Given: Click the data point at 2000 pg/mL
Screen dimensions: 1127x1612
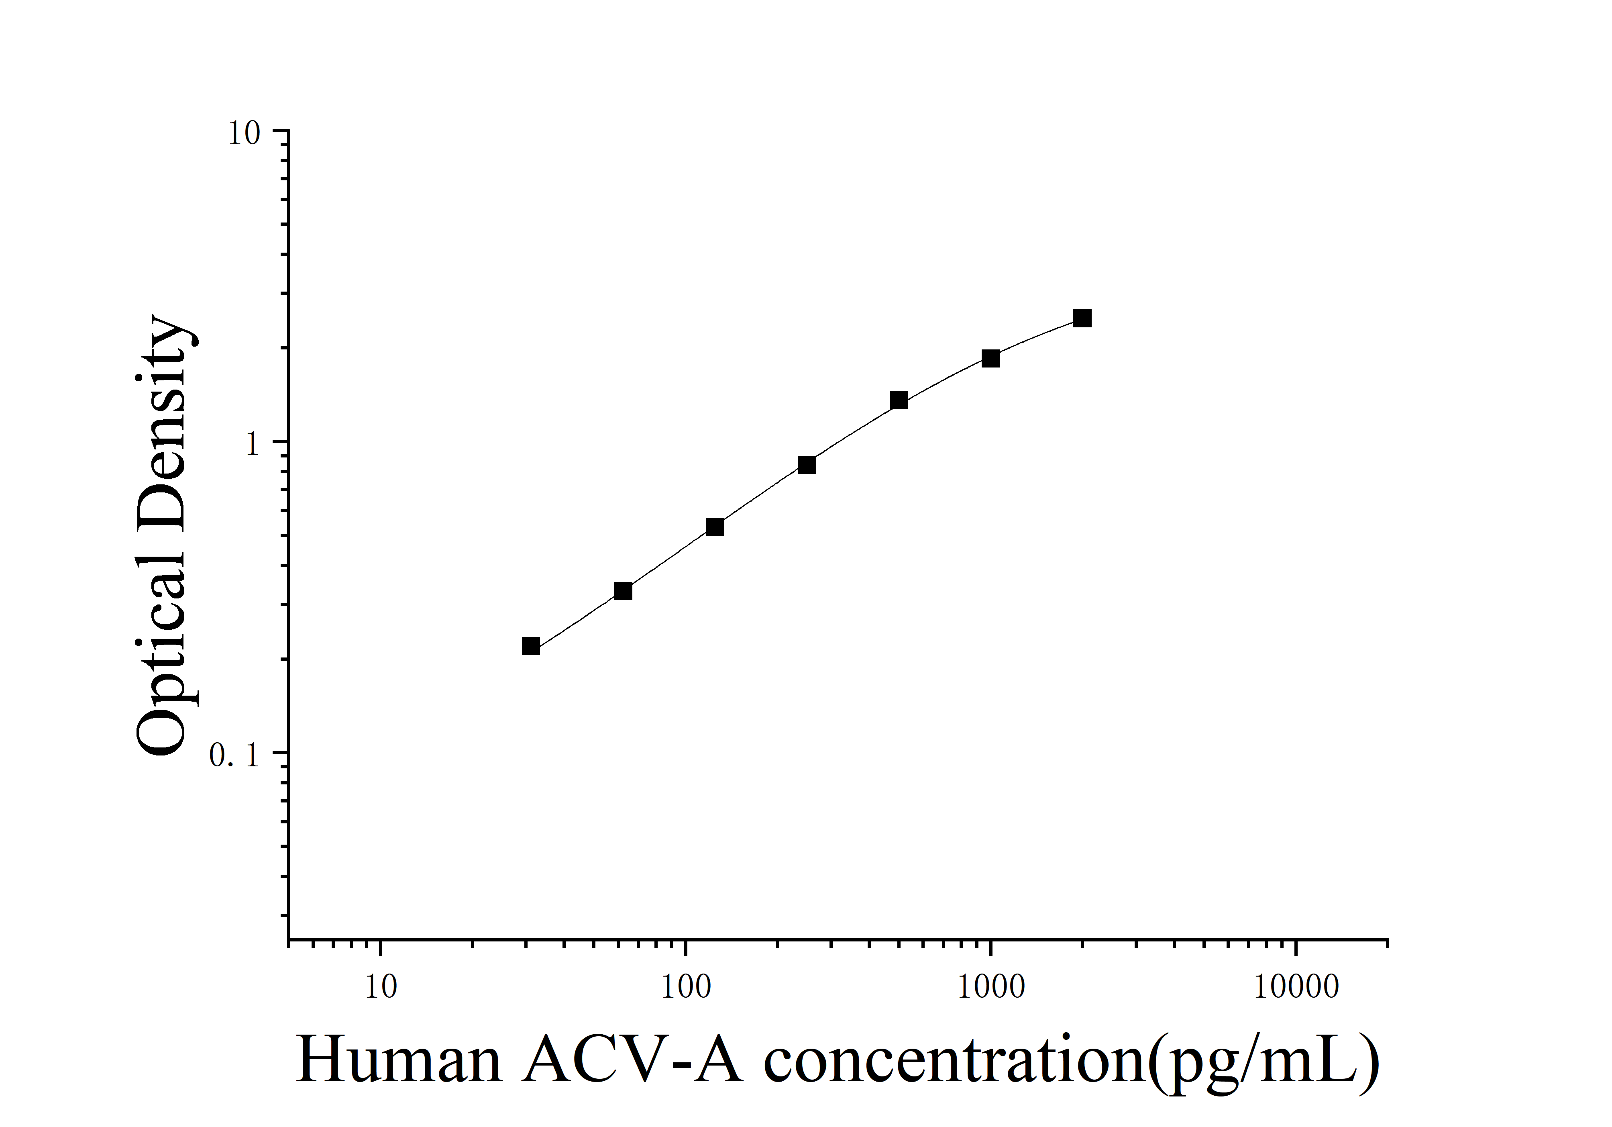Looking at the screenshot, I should pyautogui.click(x=1082, y=318).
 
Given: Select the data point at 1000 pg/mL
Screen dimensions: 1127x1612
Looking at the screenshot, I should pyautogui.click(x=990, y=358).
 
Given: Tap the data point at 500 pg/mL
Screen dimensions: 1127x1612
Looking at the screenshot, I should pyautogui.click(x=898, y=400).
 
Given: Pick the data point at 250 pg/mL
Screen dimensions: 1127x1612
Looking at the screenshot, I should pyautogui.click(x=807, y=465).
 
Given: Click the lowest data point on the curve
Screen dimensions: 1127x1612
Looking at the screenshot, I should pyautogui.click(x=531, y=646).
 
